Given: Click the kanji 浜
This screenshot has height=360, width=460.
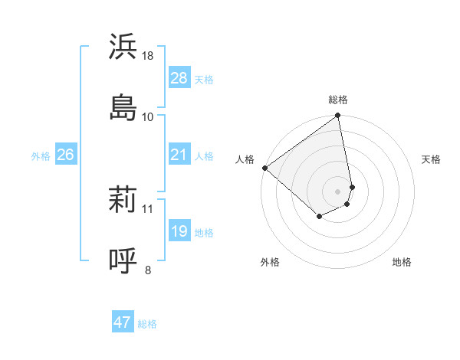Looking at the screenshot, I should click(123, 47).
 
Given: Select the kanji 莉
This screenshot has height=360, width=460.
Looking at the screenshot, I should click(123, 201).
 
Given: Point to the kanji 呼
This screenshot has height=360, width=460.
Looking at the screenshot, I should click(123, 260).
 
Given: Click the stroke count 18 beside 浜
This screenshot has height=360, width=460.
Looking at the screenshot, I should click(148, 56).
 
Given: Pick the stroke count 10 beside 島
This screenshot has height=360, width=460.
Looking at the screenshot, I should click(148, 116).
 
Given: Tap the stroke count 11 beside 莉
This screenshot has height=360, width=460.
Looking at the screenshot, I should click(148, 208).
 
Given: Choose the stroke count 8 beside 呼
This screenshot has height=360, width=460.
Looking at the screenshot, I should click(148, 270).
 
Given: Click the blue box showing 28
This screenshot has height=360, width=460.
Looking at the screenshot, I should click(179, 78).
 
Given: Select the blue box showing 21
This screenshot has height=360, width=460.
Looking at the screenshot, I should click(179, 155).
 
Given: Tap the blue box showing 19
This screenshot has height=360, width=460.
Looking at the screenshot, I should click(179, 231).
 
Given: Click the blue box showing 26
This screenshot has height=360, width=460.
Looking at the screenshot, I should click(65, 155).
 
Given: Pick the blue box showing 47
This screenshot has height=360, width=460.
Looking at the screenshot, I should click(123, 322).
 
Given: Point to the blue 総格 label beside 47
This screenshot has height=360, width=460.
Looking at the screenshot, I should click(147, 324).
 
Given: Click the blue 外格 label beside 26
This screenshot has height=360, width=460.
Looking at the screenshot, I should click(41, 156).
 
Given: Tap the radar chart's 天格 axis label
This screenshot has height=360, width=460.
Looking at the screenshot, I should click(432, 159).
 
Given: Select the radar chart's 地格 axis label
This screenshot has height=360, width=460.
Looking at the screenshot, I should click(402, 263).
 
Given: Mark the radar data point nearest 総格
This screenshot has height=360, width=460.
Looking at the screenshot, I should click(338, 116).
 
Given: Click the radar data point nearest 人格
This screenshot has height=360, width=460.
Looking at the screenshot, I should click(265, 168).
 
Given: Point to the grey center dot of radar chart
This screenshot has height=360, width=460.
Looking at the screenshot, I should click(338, 191).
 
